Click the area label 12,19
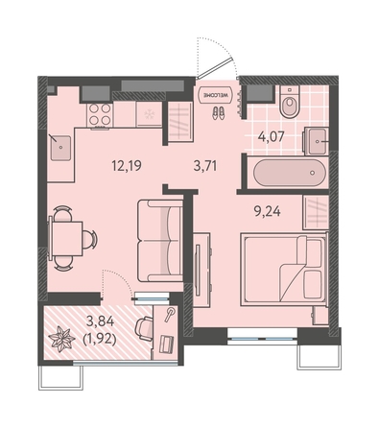click(x=127, y=166)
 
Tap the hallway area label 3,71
click(x=205, y=166)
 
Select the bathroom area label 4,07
click(x=272, y=137)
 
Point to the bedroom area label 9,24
click(x=268, y=211)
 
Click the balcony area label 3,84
click(x=100, y=321)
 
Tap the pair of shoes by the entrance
click(x=218, y=113)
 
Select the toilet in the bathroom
click(x=289, y=102)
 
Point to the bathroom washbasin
click(x=316, y=141)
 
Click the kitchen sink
click(x=60, y=148)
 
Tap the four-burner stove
click(x=100, y=115)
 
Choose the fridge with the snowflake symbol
click(x=149, y=114)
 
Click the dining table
click(x=66, y=239)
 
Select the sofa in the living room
click(x=160, y=240)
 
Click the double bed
click(x=284, y=270)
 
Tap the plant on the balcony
click(x=61, y=340)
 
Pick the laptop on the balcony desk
click(x=166, y=344)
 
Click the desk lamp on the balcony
click(x=170, y=314)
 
